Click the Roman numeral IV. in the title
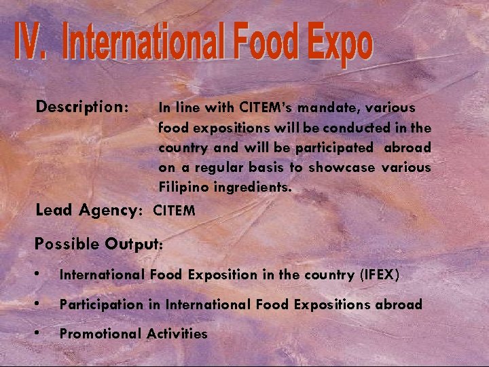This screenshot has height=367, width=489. (33, 43)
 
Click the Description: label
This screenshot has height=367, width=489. (83, 107)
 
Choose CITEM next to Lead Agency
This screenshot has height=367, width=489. (175, 211)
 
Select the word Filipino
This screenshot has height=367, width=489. (183, 187)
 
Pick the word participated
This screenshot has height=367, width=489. (334, 147)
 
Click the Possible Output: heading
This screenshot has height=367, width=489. (99, 243)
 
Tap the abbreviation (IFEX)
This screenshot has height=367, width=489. (378, 275)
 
